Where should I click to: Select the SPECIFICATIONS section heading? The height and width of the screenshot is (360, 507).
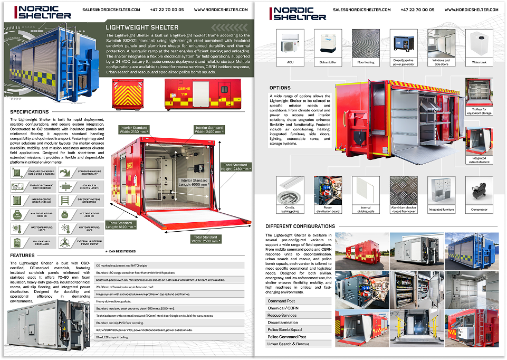tap(30, 112)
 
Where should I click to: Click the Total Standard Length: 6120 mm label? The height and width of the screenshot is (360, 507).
tap(121, 225)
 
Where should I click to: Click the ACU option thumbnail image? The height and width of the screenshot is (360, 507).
tap(290, 43)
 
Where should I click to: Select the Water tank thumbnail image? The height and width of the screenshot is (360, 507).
tap(479, 43)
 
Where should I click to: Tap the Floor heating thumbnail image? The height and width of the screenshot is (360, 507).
tap(365, 43)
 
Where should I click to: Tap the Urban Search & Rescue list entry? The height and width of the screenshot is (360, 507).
tap(289, 344)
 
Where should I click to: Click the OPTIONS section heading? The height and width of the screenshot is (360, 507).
tap(280, 88)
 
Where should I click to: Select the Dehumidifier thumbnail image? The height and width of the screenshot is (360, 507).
tap(327, 43)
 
